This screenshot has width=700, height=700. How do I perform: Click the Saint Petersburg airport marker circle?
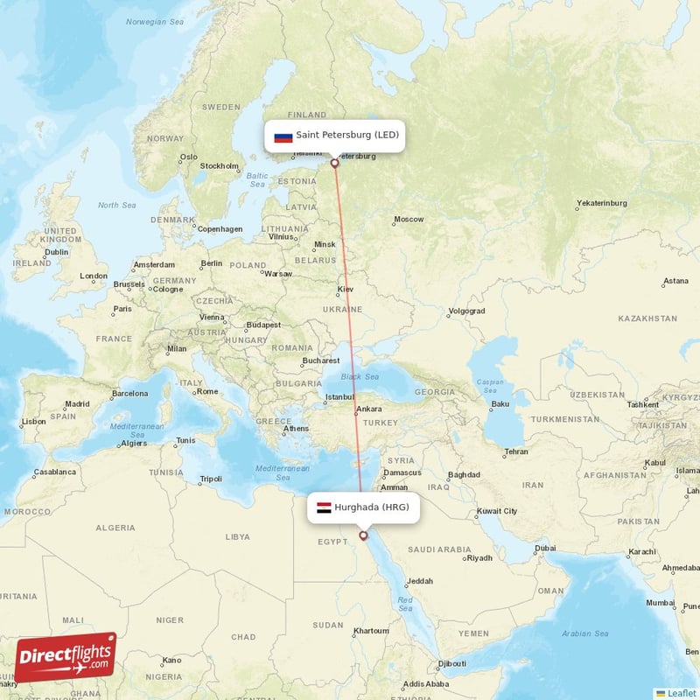click(334, 163)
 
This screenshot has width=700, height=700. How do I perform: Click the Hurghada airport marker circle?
click(363, 535)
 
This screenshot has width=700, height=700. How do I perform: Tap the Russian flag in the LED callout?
click(283, 136)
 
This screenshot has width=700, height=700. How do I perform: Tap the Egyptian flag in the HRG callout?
click(324, 507)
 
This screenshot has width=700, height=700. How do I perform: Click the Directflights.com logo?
click(66, 657)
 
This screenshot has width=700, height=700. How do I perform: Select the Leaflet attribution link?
click(682, 693)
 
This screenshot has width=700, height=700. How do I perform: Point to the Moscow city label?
click(409, 220)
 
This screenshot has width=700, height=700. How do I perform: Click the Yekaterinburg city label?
click(601, 203)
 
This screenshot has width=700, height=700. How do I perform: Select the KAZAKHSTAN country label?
click(647, 319)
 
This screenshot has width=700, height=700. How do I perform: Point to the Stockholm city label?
click(219, 165)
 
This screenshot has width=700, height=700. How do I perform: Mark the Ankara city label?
click(368, 409)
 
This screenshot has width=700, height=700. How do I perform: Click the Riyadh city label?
click(480, 557)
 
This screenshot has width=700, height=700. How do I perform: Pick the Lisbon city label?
click(33, 421)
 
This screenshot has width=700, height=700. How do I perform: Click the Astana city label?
click(675, 281)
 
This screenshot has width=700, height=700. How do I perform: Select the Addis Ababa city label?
click(426, 683)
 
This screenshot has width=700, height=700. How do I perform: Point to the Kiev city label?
click(346, 289)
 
